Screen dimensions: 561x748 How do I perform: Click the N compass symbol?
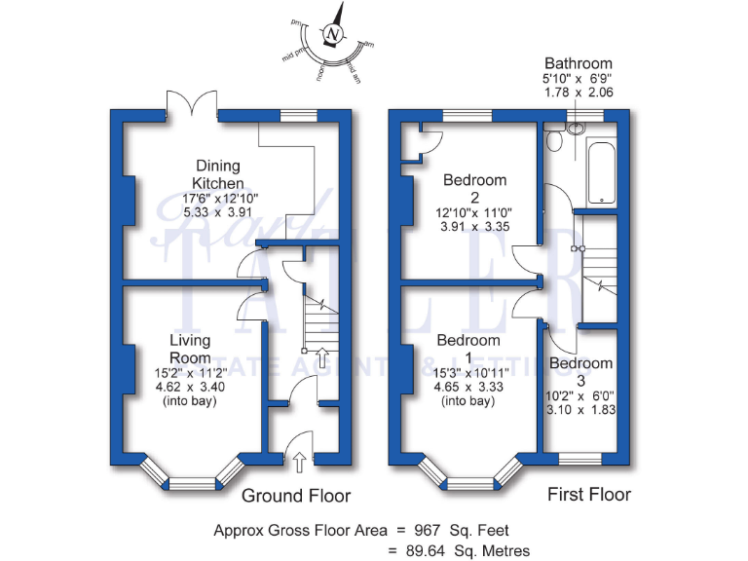[335, 35]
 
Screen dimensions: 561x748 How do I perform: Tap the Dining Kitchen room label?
[217, 174]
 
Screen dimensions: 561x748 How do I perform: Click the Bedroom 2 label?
[474, 180]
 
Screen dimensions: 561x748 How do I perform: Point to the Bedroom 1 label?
[468, 341]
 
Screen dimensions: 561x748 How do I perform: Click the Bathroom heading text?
[579, 62]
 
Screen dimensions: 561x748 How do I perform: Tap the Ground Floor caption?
[295, 496]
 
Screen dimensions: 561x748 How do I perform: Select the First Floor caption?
[588, 495]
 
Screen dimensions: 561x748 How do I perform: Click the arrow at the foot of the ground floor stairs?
[322, 352]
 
